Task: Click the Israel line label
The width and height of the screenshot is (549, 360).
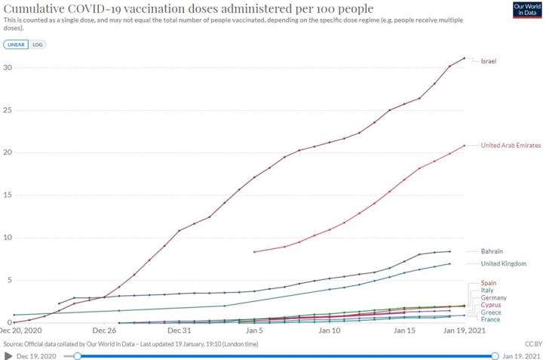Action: coord(489,60)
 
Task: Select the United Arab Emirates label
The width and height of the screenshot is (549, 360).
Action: coord(511,145)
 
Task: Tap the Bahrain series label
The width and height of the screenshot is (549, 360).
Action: coord(492,251)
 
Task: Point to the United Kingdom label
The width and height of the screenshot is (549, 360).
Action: coord(503,263)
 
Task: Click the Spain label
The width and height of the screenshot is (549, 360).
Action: coord(488,282)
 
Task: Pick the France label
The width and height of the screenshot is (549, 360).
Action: coord(489,319)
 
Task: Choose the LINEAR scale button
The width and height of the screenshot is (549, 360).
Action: coord(15,45)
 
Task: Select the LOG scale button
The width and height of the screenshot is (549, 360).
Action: coord(38,45)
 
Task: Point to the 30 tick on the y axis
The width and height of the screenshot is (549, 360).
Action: coord(8,68)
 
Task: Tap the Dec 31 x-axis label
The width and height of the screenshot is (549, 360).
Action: coord(179,331)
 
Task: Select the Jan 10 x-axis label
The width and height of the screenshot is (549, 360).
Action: coord(330,331)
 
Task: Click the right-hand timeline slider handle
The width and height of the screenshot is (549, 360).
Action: coord(495,355)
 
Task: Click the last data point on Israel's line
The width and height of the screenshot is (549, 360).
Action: coord(465,57)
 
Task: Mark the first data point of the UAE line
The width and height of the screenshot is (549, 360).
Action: coord(255,251)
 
